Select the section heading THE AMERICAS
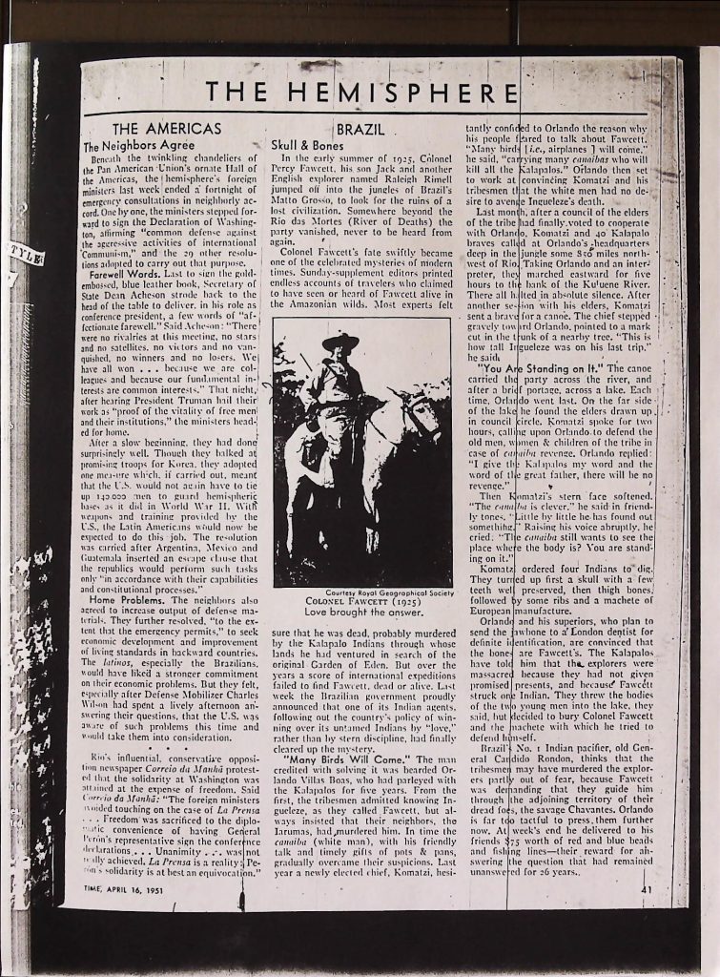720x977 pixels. pos(167,129)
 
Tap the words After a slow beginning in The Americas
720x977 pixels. pos(143,444)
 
